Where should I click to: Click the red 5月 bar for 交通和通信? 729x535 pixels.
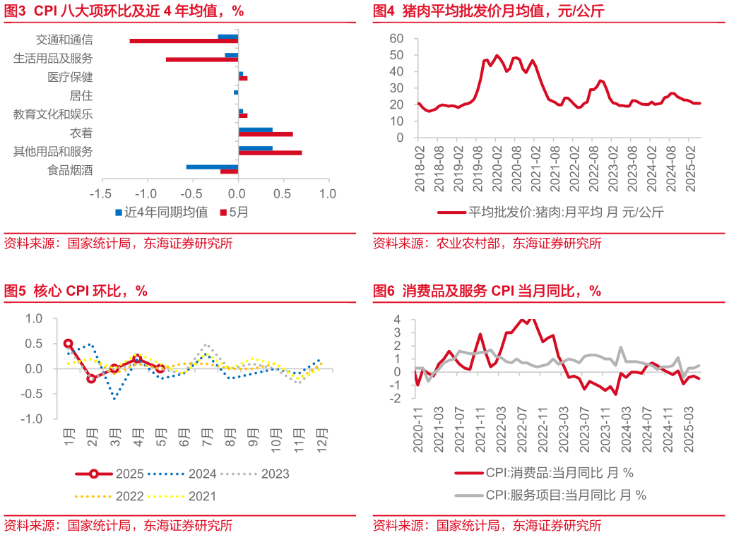pyautogui.click(x=184, y=41)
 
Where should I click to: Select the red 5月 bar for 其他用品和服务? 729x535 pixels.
pyautogui.click(x=270, y=152)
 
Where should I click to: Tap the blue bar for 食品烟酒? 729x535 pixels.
pyautogui.click(x=212, y=167)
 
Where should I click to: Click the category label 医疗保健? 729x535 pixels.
pyautogui.click(x=70, y=77)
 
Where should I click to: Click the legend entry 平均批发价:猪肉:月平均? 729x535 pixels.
pyautogui.click(x=551, y=211)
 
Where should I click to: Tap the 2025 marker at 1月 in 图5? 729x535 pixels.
pyautogui.click(x=69, y=344)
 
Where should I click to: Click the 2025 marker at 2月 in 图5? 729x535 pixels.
pyautogui.click(x=91, y=379)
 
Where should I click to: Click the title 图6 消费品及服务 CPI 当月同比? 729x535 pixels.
pyautogui.click(x=487, y=291)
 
